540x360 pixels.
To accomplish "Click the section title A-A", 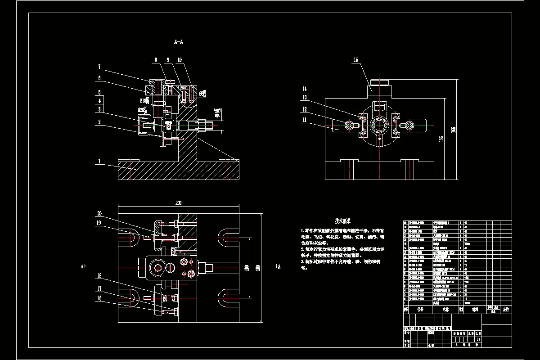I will pos(179,42).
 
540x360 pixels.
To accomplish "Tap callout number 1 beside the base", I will pos(99,161).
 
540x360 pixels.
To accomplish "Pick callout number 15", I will pos(355,60).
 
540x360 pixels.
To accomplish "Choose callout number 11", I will pos(305,120).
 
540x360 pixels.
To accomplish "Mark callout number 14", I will pos(305,89).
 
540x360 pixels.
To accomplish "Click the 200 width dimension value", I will pos(178,203).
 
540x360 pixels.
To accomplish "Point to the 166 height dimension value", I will pos(454,129).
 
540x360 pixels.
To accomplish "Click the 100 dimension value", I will pos(246,269).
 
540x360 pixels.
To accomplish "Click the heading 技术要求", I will pos(343,221).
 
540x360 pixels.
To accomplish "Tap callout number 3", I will pos(99,109).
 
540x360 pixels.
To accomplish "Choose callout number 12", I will pos(305,109).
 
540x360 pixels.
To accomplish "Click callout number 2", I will pos(99,121).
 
